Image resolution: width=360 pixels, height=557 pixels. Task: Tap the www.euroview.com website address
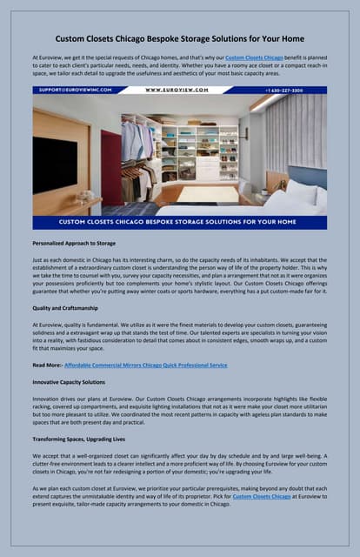coord(177,90)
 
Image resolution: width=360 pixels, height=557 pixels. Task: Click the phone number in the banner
coord(296,90)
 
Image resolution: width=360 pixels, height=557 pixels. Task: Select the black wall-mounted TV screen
coord(54,164)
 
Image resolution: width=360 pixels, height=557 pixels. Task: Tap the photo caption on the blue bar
coord(179,222)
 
